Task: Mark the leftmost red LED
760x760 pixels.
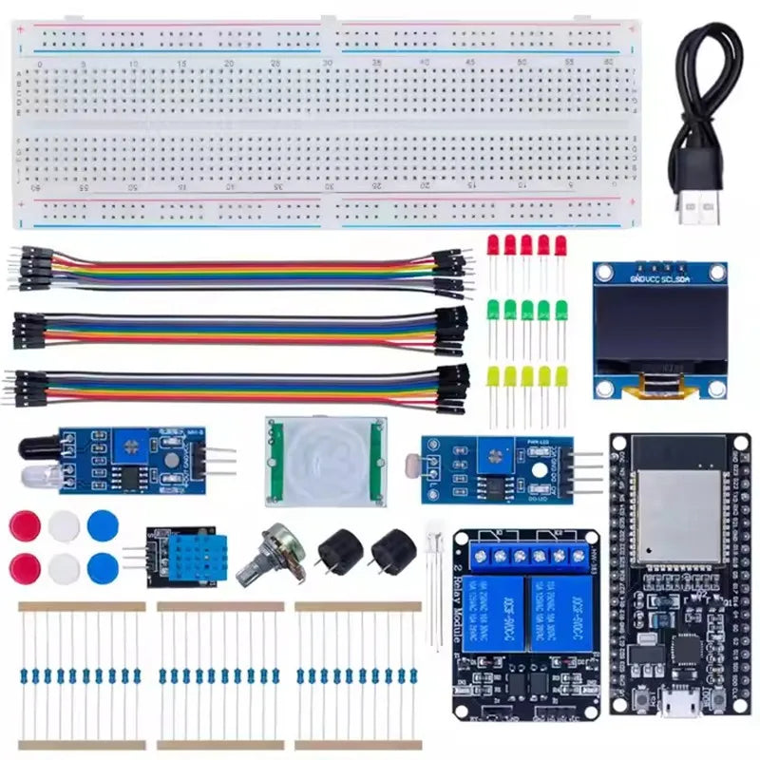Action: click(x=493, y=244)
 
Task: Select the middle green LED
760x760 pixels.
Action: click(x=527, y=310)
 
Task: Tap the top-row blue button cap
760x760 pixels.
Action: click(x=103, y=525)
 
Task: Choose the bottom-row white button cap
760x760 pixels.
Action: click(x=64, y=568)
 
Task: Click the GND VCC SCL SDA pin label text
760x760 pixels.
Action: click(x=660, y=278)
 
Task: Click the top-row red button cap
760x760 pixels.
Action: click(x=25, y=525)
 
